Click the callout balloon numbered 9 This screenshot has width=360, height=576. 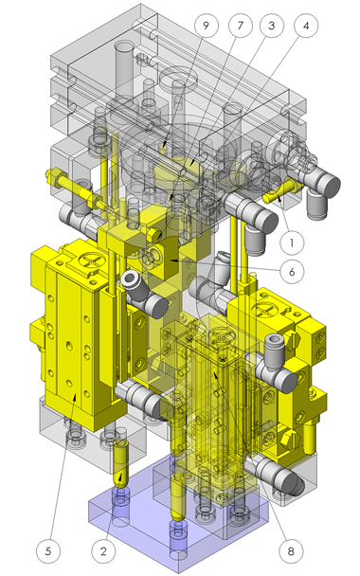pyautogui.click(x=206, y=26)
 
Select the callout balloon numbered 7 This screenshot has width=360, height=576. pyautogui.click(x=241, y=26)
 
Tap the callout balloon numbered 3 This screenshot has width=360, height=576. pyautogui.click(x=272, y=26)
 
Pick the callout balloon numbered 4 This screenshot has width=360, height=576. pyautogui.click(x=306, y=26)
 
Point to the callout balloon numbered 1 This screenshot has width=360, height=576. pyautogui.click(x=292, y=243)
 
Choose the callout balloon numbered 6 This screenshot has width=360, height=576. pyautogui.click(x=292, y=272)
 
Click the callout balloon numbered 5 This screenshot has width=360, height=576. pyautogui.click(x=48, y=551)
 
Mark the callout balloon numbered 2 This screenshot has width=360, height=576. pyautogui.click(x=103, y=551)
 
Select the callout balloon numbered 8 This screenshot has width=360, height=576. pyautogui.click(x=291, y=551)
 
